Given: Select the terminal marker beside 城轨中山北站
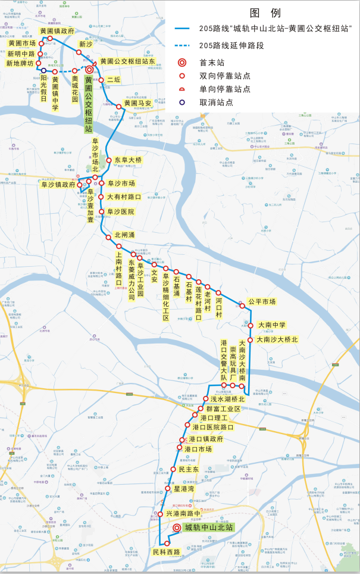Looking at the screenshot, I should [177, 528].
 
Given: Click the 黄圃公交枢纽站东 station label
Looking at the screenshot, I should [127, 61].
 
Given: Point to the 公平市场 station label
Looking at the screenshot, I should [262, 302].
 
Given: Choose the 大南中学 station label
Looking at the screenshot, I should [271, 325].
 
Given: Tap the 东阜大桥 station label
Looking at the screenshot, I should [128, 160].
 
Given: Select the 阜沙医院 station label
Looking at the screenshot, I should [120, 211].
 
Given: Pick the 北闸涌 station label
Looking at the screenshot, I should [124, 235].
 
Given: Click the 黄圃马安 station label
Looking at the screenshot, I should [137, 102].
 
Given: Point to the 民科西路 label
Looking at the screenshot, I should [166, 553].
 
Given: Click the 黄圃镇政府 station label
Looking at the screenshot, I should [57, 30].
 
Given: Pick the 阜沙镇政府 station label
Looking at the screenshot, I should [58, 185].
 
